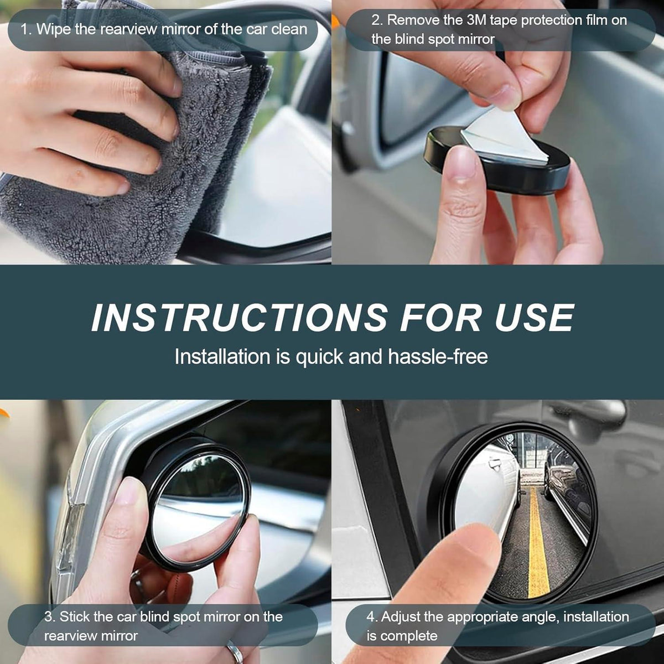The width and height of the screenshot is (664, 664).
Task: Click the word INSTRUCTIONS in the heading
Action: click(x=240, y=318)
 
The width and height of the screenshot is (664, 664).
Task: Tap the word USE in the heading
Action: click(x=535, y=318)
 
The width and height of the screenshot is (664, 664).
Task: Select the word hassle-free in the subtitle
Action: click(x=438, y=357)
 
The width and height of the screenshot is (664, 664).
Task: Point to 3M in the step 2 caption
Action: click(x=476, y=20)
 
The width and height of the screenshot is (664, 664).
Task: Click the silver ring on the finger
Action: click(x=235, y=653)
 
